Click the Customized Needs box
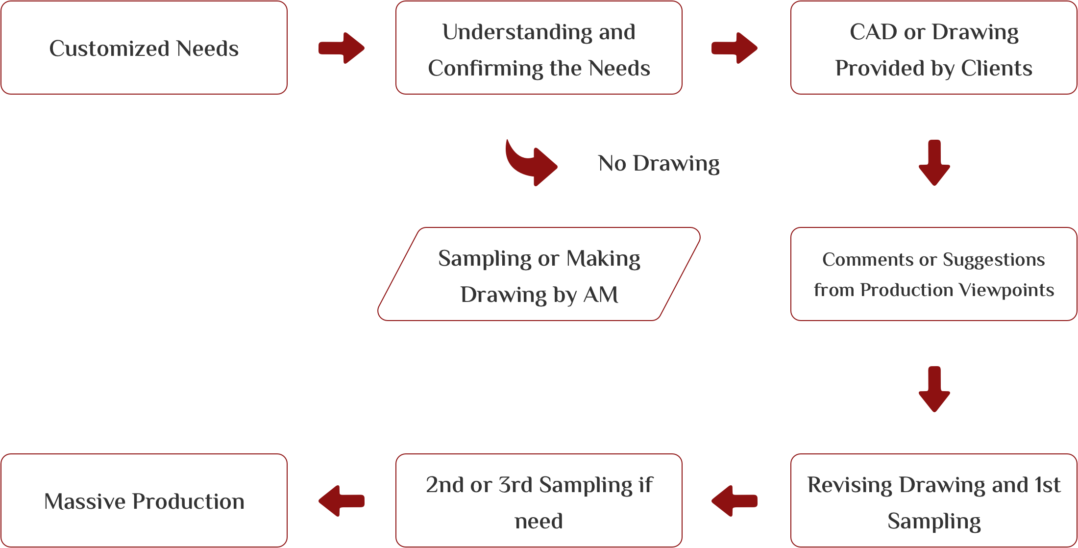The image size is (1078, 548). [144, 48]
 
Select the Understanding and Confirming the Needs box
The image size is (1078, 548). [539, 48]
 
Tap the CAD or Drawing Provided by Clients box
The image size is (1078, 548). [933, 48]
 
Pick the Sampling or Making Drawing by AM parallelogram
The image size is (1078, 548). [539, 274]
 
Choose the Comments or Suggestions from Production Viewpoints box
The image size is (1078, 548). [933, 274]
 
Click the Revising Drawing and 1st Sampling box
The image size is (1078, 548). [933, 501]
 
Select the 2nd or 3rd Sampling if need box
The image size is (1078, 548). [539, 501]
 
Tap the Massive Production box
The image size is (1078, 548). [144, 501]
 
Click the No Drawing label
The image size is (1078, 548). [659, 163]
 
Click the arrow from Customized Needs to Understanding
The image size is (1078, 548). [342, 48]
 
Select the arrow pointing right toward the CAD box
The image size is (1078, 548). [735, 48]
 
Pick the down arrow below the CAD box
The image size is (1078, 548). [934, 163]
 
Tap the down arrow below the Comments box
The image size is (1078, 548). [934, 389]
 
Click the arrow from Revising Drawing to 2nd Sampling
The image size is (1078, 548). [735, 501]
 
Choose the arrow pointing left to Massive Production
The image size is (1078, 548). [342, 501]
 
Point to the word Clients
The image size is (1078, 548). [997, 69]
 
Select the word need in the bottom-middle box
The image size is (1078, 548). [539, 521]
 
